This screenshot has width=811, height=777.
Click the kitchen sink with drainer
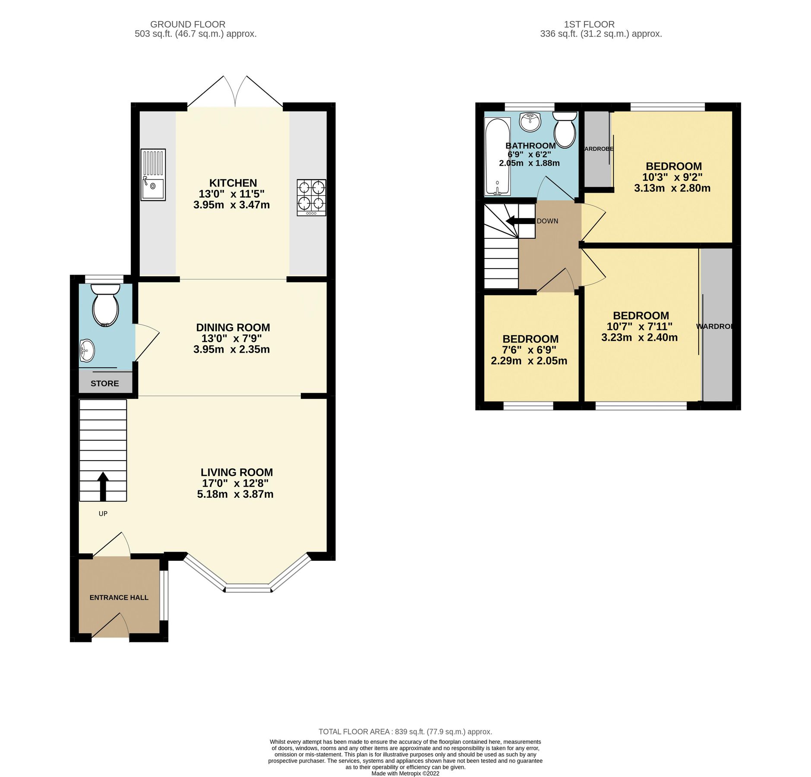click(x=153, y=174)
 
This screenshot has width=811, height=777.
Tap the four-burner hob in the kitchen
click(x=311, y=197)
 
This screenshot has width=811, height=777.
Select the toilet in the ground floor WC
click(x=105, y=305)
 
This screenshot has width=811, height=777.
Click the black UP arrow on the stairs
click(x=103, y=486)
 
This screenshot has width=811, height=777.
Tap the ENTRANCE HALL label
click(x=119, y=597)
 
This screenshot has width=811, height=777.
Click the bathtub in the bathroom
click(x=497, y=157)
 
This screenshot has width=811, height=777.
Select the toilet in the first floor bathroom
click(x=565, y=129)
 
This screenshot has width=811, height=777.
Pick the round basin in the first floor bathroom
click(x=530, y=122)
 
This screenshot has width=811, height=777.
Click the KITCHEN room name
click(x=233, y=183)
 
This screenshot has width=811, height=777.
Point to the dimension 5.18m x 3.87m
click(x=235, y=494)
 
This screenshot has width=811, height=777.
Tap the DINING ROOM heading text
click(x=233, y=328)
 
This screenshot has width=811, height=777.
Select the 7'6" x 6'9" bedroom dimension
click(x=529, y=350)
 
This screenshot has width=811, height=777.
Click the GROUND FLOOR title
click(x=188, y=25)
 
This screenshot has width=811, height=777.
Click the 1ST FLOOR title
click(x=589, y=25)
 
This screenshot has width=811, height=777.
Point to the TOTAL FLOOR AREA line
click(x=405, y=732)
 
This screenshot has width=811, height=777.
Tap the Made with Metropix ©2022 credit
click(x=405, y=774)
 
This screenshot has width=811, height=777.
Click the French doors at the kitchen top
click(x=235, y=93)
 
